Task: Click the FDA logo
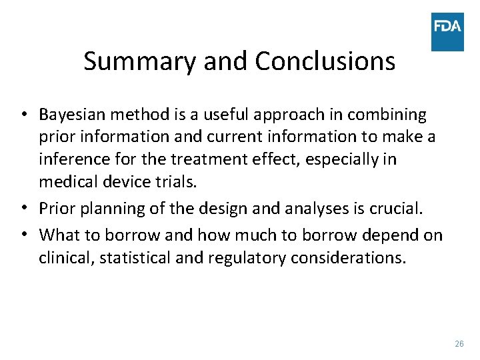447,31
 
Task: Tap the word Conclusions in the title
325,61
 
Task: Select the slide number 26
459,344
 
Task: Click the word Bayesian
72,115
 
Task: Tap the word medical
67,181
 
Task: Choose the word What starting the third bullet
59,235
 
